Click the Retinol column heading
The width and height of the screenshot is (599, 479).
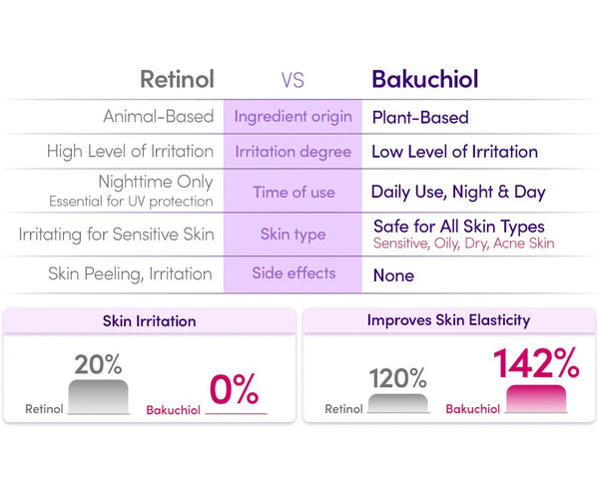pyautogui.click(x=177, y=79)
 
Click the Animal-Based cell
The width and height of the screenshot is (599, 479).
pyautogui.click(x=159, y=117)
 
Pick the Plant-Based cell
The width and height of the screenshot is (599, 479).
pyautogui.click(x=420, y=117)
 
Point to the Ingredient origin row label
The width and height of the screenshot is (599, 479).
pyautogui.click(x=293, y=117)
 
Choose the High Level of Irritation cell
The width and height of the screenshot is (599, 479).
pyautogui.click(x=130, y=152)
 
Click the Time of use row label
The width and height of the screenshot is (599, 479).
pyautogui.click(x=293, y=192)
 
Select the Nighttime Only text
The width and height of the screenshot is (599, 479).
pyautogui.click(x=156, y=184)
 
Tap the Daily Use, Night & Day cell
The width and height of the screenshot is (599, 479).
pyautogui.click(x=457, y=192)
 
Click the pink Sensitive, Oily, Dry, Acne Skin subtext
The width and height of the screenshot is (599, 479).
pyautogui.click(x=463, y=243)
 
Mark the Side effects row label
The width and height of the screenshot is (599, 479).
pyautogui.click(x=293, y=272)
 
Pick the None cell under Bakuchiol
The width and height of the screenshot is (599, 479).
pyautogui.click(x=393, y=274)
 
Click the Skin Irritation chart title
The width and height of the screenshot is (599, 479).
pyautogui.click(x=150, y=321)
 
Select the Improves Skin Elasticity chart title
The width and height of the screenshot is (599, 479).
pyautogui.click(x=448, y=320)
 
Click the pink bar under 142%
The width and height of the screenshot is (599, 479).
pyautogui.click(x=542, y=398)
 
